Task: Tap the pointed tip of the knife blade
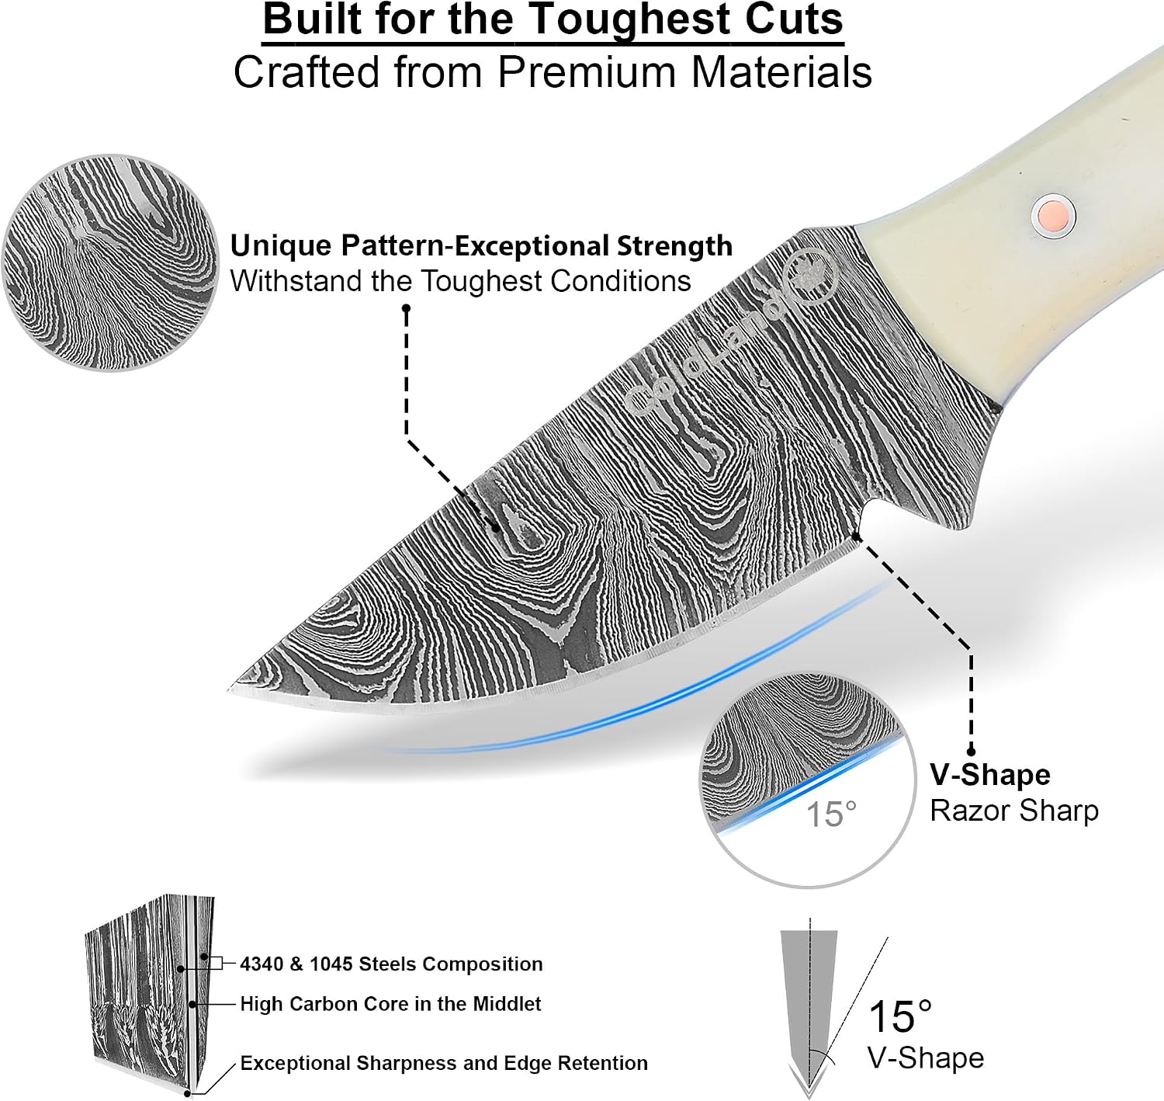pyautogui.click(x=229, y=690)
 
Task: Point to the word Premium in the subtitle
pyautogui.click(x=586, y=72)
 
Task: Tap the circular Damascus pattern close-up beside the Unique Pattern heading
pyautogui.click(x=111, y=264)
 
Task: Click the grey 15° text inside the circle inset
pyautogui.click(x=830, y=814)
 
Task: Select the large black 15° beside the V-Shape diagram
pyautogui.click(x=899, y=1016)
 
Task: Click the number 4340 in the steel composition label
pyautogui.click(x=262, y=964)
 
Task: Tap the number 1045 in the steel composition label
pyautogui.click(x=331, y=964)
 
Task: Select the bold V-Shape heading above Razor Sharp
pyautogui.click(x=990, y=774)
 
